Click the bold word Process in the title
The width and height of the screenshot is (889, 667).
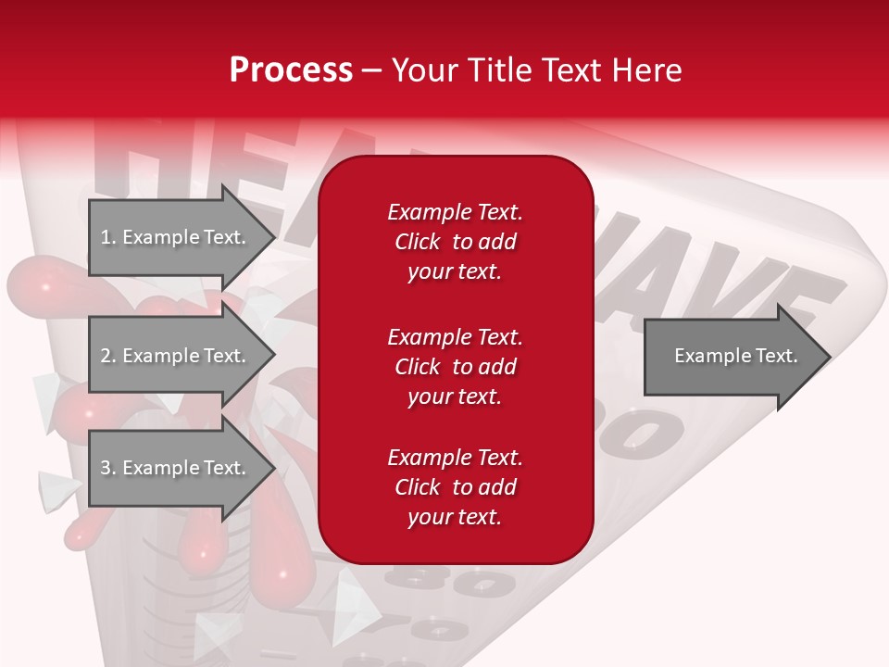(291, 70)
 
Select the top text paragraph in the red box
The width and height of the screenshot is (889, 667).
(455, 242)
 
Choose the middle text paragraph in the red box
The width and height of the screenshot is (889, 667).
(455, 366)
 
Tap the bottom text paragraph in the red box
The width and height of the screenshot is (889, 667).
(455, 487)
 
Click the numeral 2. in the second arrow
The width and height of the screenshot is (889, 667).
(108, 356)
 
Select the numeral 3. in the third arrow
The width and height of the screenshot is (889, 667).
(108, 468)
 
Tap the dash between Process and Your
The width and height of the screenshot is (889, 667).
(371, 70)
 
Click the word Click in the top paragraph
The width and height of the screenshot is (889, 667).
(418, 242)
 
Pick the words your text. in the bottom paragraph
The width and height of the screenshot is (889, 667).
(455, 517)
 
